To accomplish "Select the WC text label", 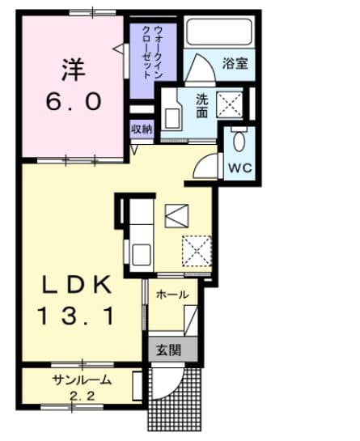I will (240, 168).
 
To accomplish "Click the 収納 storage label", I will (142, 129).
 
